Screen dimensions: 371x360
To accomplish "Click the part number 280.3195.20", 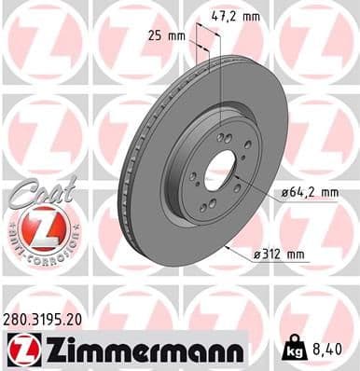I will coord(46,318).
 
